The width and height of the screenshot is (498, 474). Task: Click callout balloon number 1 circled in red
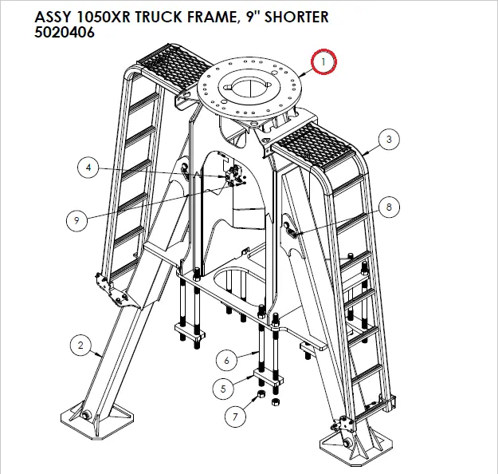(x=324, y=61)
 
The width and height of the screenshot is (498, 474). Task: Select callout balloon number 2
(x=80, y=346)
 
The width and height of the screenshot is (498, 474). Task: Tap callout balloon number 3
(x=388, y=140)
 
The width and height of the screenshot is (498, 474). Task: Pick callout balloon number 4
(x=89, y=168)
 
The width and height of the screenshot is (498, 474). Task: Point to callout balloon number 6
(x=226, y=361)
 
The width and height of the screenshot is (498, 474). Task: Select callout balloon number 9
(x=76, y=222)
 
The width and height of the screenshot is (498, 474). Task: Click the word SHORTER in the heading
(x=288, y=17)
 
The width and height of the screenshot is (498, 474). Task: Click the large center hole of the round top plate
(x=248, y=84)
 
